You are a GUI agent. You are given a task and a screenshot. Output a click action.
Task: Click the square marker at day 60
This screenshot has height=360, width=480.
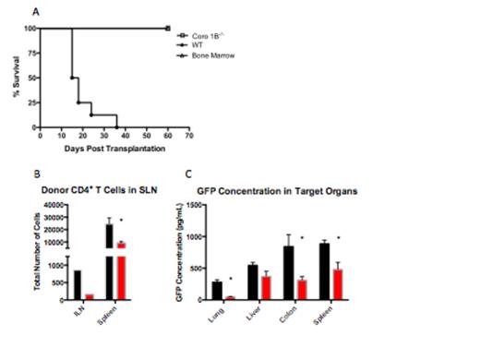pyautogui.click(x=167, y=29)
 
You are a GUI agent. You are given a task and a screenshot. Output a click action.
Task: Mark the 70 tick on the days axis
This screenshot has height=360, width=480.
pyautogui.click(x=188, y=135)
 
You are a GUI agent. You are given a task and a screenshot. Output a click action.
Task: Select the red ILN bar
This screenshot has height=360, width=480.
pyautogui.click(x=90, y=296)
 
